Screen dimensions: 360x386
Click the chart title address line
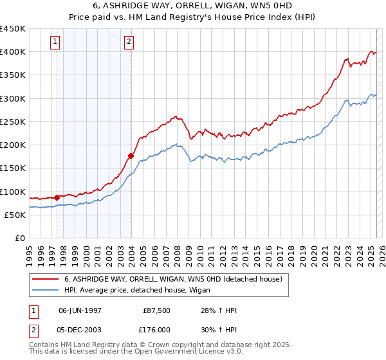193,6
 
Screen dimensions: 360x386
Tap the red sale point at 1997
57,197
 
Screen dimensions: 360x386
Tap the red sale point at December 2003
131,156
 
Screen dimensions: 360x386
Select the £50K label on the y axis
15,215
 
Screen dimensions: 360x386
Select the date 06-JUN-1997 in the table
80,310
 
